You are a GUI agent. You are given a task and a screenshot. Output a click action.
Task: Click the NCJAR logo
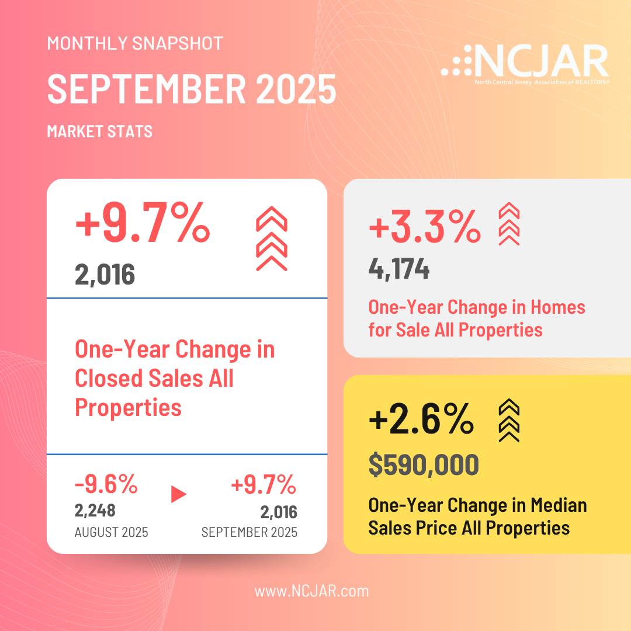(x=525, y=63)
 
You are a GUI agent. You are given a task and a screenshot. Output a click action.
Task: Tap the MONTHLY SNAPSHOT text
(x=135, y=43)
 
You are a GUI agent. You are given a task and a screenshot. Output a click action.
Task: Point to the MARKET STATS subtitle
(x=99, y=131)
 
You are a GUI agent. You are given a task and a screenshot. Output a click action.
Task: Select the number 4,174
(x=399, y=269)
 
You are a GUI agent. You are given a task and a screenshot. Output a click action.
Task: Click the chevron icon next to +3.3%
(x=508, y=223)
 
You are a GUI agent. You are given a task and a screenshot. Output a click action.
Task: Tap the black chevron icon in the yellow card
(x=508, y=419)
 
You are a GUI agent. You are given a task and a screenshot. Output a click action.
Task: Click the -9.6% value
(x=106, y=484)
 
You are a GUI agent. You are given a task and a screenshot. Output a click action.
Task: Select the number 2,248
(x=95, y=511)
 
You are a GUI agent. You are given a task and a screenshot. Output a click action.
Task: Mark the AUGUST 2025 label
(x=111, y=532)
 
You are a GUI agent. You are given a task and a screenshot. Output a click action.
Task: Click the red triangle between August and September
(x=178, y=494)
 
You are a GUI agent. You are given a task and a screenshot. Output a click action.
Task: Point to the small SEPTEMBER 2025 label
(x=249, y=532)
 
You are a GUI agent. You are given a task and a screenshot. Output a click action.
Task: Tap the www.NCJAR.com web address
(x=311, y=591)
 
